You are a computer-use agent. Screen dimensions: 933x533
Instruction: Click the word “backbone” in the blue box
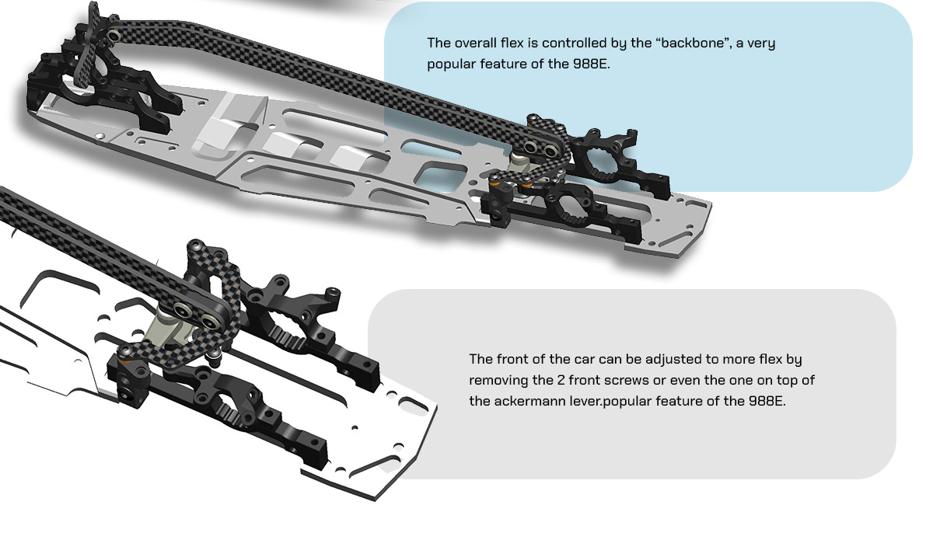[x=693, y=44]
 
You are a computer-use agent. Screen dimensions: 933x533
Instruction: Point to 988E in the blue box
[x=591, y=64]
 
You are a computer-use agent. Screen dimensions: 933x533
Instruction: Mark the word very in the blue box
[x=761, y=44]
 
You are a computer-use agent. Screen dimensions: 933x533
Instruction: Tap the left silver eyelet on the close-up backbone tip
[x=182, y=310]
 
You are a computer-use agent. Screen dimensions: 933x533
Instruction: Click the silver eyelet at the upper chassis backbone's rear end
[x=113, y=36]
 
